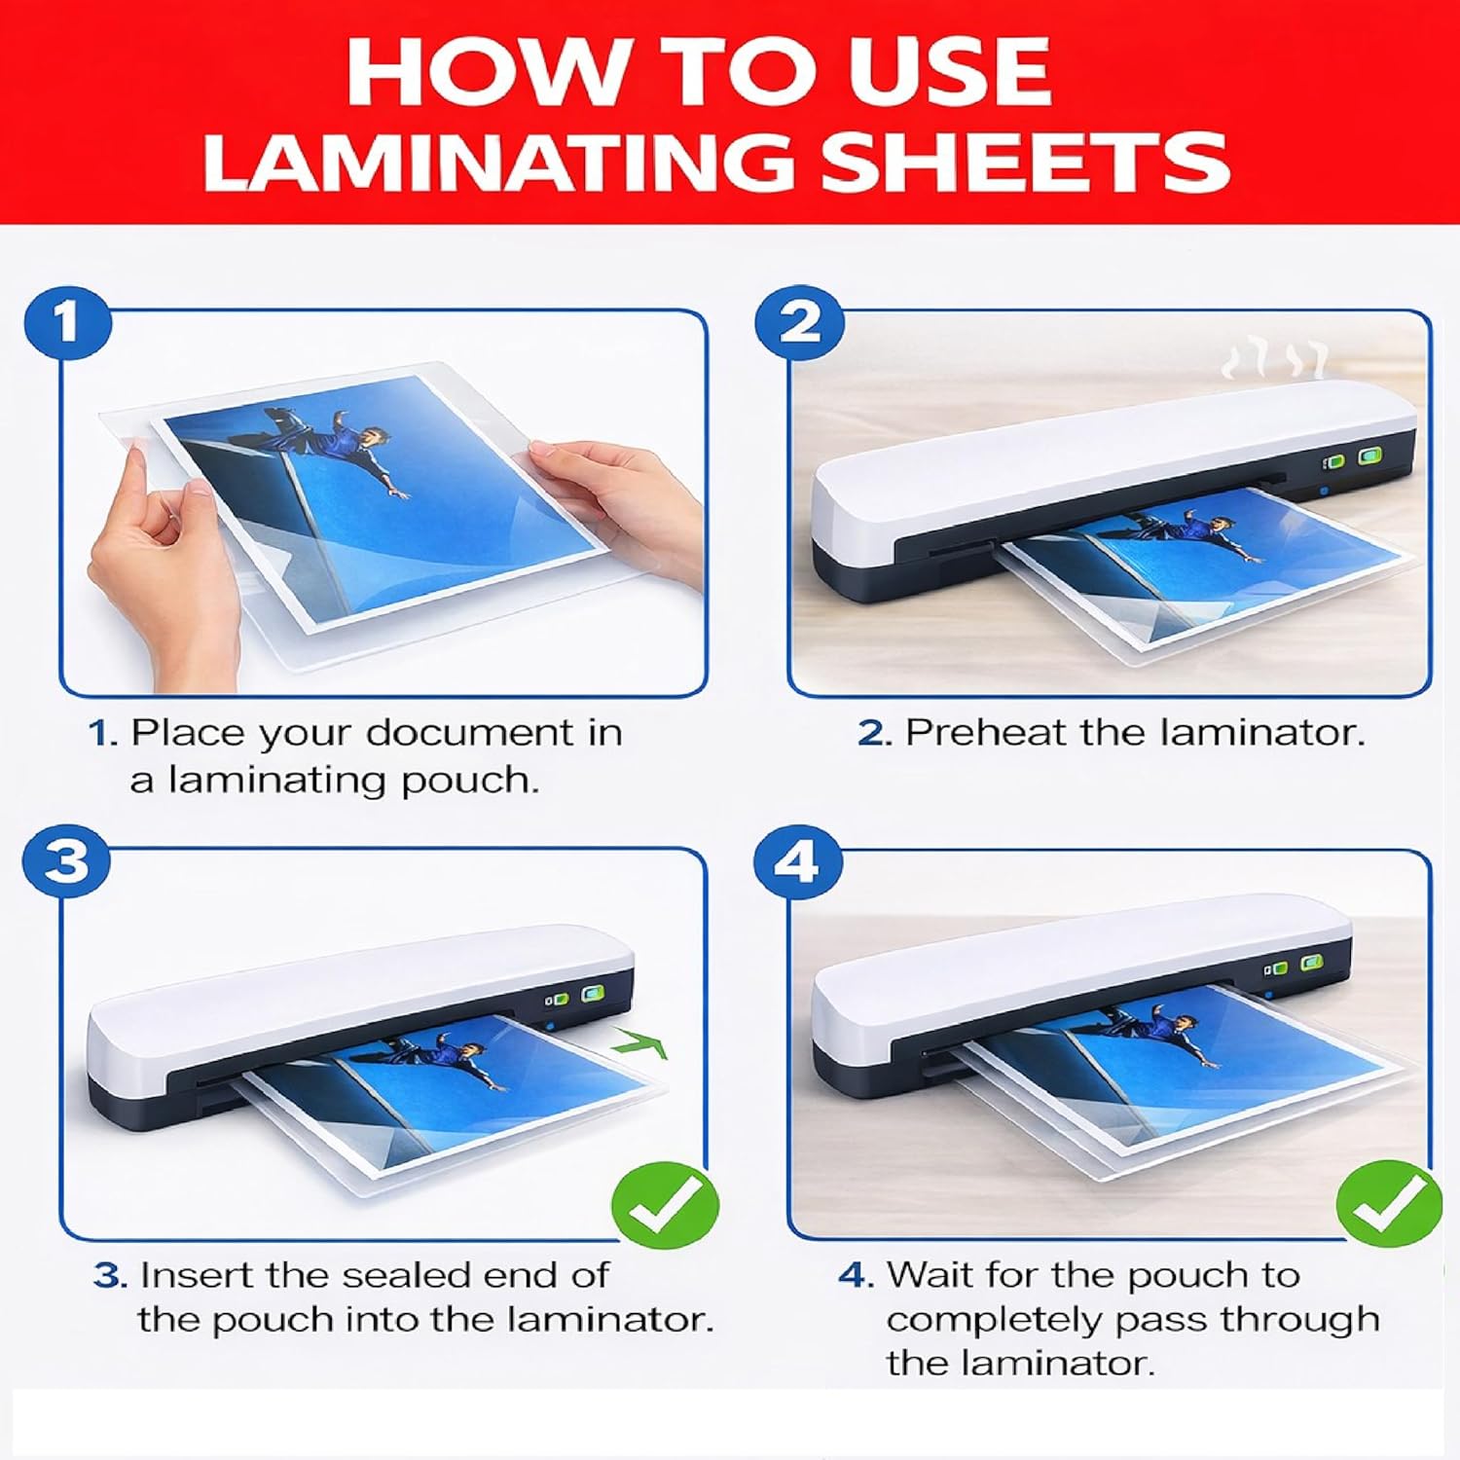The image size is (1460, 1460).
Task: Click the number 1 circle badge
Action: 68,321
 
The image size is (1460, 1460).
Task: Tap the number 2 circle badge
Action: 800,321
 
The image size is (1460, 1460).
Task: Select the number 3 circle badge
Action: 68,861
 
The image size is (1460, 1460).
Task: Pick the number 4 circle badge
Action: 800,861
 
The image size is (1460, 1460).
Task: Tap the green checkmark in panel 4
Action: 1389,1204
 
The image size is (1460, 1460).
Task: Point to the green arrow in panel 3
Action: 640,1047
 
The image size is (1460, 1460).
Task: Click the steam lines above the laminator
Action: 1275,360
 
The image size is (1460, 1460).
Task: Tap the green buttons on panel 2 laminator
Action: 1355,457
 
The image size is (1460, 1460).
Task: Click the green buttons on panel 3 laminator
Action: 575,997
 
